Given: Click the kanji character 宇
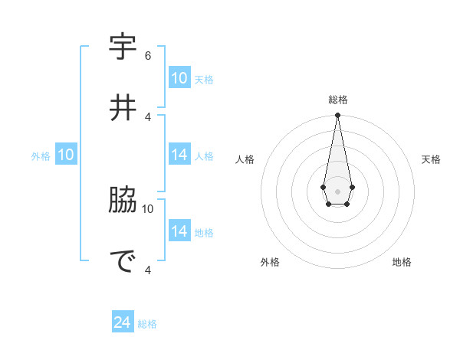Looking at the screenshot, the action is tap(123, 47).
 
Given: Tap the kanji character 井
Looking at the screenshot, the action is tap(123, 108).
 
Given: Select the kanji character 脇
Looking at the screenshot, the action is tap(123, 200).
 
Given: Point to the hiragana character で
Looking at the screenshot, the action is tap(123, 261).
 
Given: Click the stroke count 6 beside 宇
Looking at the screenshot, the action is tap(148, 55).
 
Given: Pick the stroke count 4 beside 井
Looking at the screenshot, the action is tap(148, 116).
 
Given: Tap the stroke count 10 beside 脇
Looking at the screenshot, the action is tap(148, 208).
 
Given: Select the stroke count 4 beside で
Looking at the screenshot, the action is tap(148, 270).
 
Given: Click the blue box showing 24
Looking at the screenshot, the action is tap(123, 323).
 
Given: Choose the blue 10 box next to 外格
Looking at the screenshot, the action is tap(66, 155).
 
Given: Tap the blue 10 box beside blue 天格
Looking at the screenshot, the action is tap(179, 78).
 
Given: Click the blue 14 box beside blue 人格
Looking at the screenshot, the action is tap(179, 155).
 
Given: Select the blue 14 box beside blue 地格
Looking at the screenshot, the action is tap(179, 231).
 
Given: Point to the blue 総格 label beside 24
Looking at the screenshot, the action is tap(147, 324).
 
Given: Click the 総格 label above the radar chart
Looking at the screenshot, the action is tap(338, 100).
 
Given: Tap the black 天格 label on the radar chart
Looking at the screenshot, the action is tap(431, 159).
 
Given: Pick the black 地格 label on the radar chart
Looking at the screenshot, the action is tap(402, 262).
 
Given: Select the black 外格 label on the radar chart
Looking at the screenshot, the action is tap(270, 262).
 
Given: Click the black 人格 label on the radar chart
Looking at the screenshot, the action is tap(245, 159).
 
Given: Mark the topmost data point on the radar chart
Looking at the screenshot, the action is tap(337, 115).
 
